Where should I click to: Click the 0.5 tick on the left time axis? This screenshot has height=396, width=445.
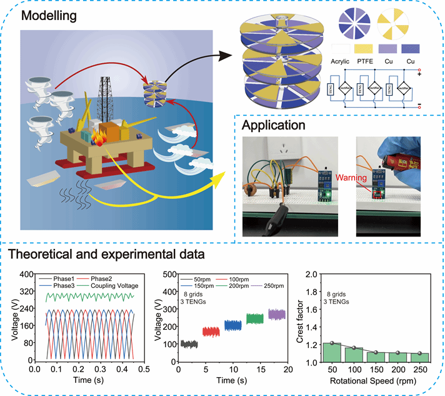[144, 370]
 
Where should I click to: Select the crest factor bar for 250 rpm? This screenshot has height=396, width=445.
[420, 357]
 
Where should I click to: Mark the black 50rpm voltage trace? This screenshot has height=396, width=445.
[189, 344]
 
